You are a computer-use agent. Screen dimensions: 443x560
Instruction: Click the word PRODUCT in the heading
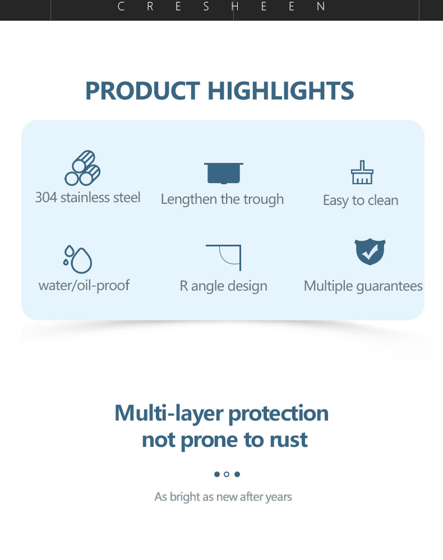pyautogui.click(x=142, y=91)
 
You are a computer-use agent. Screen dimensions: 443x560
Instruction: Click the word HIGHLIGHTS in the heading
pyautogui.click(x=281, y=91)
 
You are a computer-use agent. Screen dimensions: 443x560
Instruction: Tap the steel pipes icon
pyautogui.click(x=82, y=168)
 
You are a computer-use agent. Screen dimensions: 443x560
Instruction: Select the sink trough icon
pyautogui.click(x=224, y=173)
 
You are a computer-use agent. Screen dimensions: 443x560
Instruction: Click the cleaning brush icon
pyautogui.click(x=362, y=172)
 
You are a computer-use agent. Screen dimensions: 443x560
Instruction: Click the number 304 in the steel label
pyautogui.click(x=46, y=198)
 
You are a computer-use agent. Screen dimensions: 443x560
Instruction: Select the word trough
pyautogui.click(x=264, y=200)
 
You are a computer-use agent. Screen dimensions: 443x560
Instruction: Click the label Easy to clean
pyautogui.click(x=361, y=200)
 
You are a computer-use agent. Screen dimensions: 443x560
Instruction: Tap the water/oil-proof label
pyautogui.click(x=84, y=286)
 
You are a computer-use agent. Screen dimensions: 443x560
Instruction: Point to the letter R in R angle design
pyautogui.click(x=183, y=286)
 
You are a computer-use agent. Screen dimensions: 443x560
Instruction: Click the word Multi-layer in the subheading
pyautogui.click(x=169, y=414)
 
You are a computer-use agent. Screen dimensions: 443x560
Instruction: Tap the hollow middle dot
pyautogui.click(x=227, y=474)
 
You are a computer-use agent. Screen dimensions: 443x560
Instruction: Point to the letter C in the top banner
pyautogui.click(x=121, y=6)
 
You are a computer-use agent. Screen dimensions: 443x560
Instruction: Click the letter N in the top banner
pyautogui.click(x=321, y=6)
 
